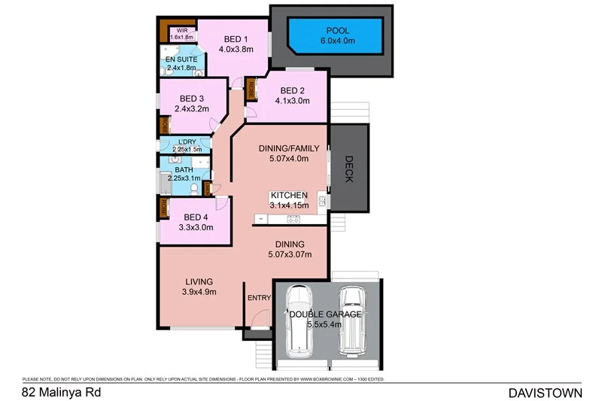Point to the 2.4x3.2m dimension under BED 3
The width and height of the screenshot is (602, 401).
coord(191,109)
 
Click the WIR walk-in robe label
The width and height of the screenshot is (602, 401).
coord(181,31)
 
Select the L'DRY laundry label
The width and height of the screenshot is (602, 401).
coord(189,141)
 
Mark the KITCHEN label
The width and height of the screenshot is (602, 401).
coord(290,195)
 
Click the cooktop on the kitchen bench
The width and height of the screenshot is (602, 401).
coord(293,219)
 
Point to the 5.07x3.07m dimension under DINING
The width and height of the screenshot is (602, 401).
coord(290,254)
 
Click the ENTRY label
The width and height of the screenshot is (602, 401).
coord(259,298)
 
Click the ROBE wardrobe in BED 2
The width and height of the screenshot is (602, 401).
coord(251,90)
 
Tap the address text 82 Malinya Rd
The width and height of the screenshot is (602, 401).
coord(61,392)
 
